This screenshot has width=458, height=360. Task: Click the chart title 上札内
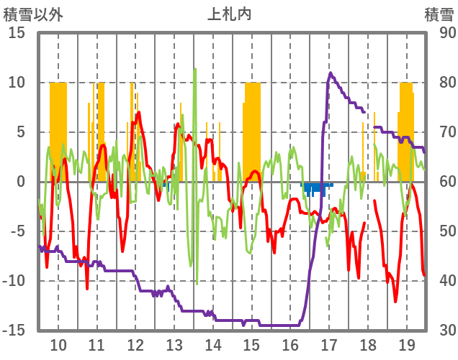(x=230, y=14)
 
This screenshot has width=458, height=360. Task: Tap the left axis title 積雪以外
(x=34, y=14)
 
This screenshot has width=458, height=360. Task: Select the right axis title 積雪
(x=438, y=14)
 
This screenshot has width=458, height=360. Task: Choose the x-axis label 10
(x=58, y=344)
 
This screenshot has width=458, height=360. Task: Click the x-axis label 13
(x=174, y=344)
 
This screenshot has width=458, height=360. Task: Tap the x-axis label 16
(x=290, y=344)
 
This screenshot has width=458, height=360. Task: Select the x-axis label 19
(x=406, y=344)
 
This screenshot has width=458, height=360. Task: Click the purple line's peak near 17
(x=331, y=73)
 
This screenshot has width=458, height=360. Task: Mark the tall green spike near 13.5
(x=195, y=70)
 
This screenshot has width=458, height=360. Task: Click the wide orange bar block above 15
(x=252, y=129)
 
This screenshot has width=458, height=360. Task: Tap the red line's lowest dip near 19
(x=395, y=301)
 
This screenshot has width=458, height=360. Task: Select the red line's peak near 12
(x=138, y=112)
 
